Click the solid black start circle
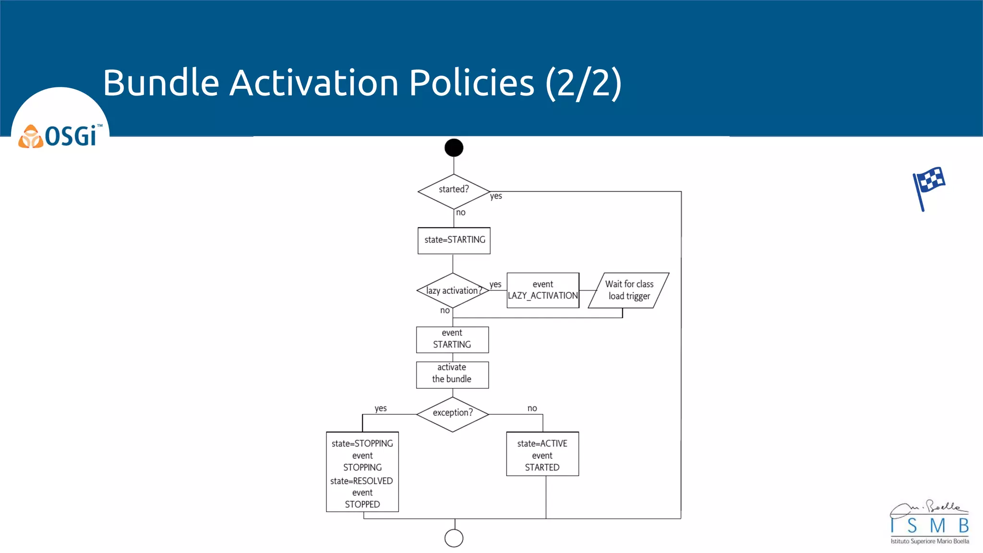coord(454,148)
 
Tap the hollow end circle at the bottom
coord(454,538)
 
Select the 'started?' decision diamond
coord(454,191)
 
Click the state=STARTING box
coord(454,240)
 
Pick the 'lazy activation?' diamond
coord(453,290)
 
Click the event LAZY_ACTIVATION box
coord(543,290)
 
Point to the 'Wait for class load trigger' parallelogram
coord(629,290)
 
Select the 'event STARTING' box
coord(452,339)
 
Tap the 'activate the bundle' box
coord(452,374)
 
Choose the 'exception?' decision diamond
coord(453,414)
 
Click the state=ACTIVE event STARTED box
coord(542,454)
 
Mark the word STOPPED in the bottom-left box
coord(362,505)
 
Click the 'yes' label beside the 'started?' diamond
coord(496,196)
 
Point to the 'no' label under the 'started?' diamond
coord(461,212)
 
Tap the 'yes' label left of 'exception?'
coord(381,409)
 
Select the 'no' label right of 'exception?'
coord(532,409)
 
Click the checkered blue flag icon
coord(929,187)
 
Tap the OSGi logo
coord(60,136)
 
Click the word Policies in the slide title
coord(471,83)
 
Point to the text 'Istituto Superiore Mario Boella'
coord(930,541)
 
